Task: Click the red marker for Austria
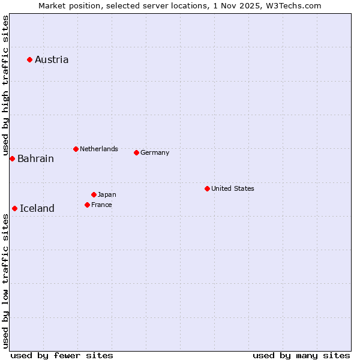coord(29,59)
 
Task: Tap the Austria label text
coord(52,59)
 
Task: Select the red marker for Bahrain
coord(12,158)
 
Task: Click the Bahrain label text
coord(35,159)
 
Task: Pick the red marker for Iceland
coord(14,208)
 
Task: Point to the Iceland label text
coord(37,209)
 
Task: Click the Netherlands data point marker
coord(76,149)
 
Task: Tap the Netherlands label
coord(99,149)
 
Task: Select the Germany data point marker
coord(136,152)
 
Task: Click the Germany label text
coord(155,152)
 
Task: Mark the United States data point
coord(207,188)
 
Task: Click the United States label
coord(233,188)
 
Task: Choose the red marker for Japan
coord(94,194)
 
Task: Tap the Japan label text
coord(107,194)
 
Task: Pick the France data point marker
coord(87,205)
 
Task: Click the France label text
coord(101,205)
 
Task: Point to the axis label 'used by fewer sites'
coord(62,355)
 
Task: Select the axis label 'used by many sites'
coord(301,355)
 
